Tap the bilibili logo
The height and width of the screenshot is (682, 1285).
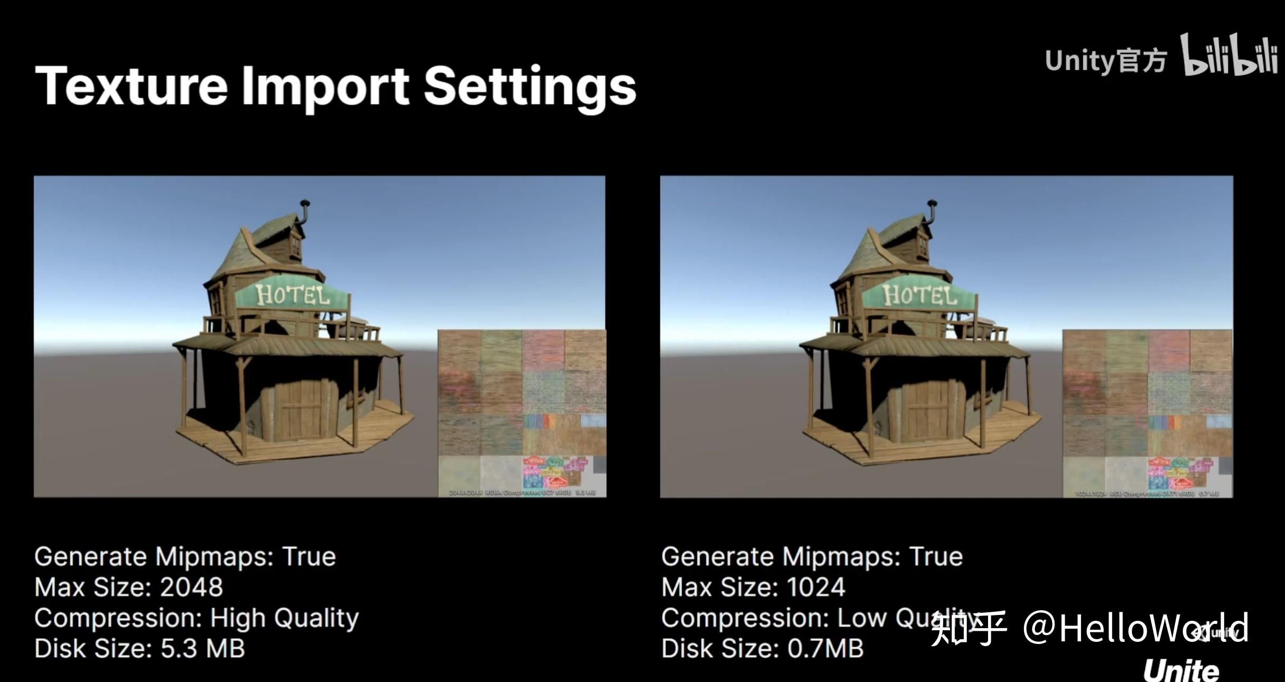coord(1228,56)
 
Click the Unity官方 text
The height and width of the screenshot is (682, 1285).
coord(1105,61)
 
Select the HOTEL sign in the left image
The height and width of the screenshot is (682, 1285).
coord(292,295)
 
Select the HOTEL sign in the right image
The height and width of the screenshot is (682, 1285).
coord(919,295)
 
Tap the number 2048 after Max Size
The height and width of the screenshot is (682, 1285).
coord(191,587)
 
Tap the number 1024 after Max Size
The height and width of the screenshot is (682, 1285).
coord(816,587)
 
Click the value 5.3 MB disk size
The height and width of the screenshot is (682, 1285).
coord(203,649)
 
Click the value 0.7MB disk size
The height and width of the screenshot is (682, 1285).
coord(825,649)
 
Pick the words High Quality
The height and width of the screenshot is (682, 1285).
coord(284,618)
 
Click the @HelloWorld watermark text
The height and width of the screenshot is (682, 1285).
coord(1136,628)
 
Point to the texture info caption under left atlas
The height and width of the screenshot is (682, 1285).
coord(522,492)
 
